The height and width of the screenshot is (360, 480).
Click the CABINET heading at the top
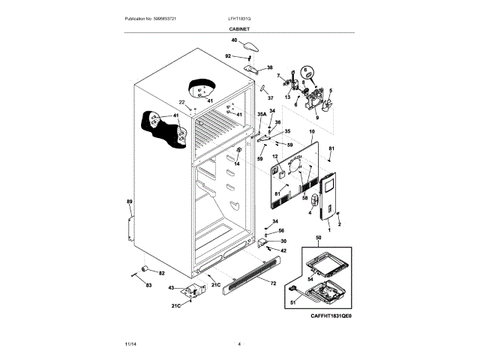(x=240, y=28)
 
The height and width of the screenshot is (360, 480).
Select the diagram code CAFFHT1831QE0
(x=331, y=316)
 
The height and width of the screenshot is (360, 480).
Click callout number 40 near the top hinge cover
(x=234, y=40)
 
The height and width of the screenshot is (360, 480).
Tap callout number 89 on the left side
(x=129, y=202)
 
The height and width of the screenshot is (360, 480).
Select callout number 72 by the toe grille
(x=273, y=283)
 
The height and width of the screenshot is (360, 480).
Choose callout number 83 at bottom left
(x=148, y=286)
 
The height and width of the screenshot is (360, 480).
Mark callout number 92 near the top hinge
(x=228, y=55)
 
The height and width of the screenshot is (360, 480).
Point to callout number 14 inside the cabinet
(x=236, y=163)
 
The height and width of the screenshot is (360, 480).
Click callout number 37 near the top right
(x=271, y=98)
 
